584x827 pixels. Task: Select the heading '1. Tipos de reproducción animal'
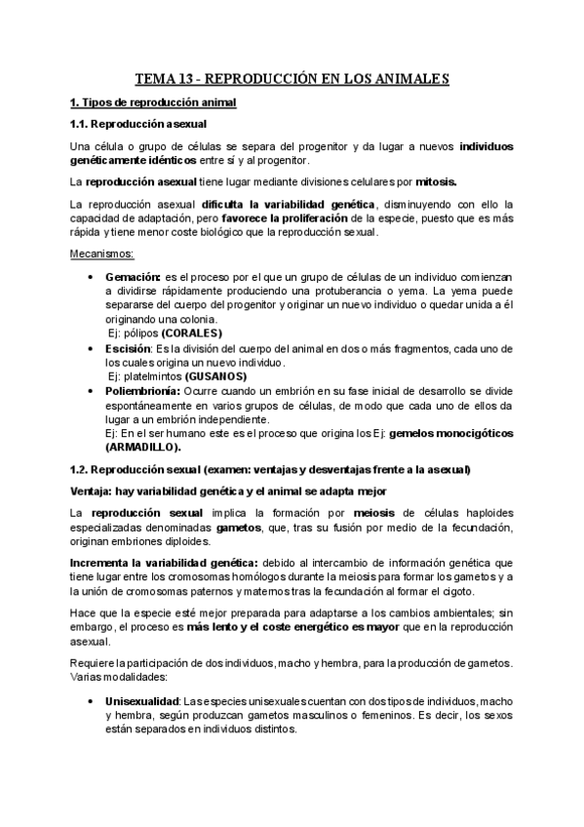(153, 102)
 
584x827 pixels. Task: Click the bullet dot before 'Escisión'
(91, 348)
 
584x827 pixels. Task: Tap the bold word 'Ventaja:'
(95, 491)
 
